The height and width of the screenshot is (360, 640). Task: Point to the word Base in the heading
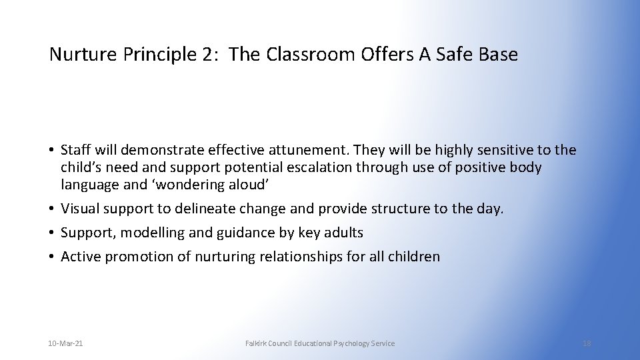497,55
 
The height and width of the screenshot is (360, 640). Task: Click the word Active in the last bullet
80,257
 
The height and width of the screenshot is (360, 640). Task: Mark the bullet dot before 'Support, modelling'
52,233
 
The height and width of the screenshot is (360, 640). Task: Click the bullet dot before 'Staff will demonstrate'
52,150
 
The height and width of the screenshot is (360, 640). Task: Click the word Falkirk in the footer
257,343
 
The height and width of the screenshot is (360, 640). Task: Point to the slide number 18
587,343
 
